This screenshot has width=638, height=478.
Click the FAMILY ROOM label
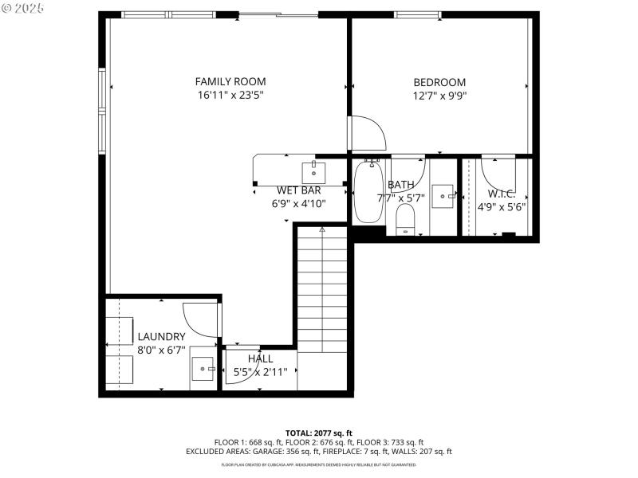click(230, 81)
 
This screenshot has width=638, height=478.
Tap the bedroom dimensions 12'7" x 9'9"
click(439, 96)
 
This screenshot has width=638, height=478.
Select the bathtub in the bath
click(368, 191)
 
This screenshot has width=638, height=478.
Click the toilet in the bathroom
click(406, 220)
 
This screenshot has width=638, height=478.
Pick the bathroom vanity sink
click(443, 195)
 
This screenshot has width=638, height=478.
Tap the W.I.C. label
click(502, 194)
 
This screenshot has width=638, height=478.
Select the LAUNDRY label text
click(161, 337)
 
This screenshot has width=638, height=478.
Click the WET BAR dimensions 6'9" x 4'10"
click(300, 203)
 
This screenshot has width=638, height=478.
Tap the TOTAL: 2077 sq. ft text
click(319, 433)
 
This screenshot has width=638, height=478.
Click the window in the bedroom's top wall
click(419, 14)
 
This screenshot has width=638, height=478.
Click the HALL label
click(260, 358)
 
